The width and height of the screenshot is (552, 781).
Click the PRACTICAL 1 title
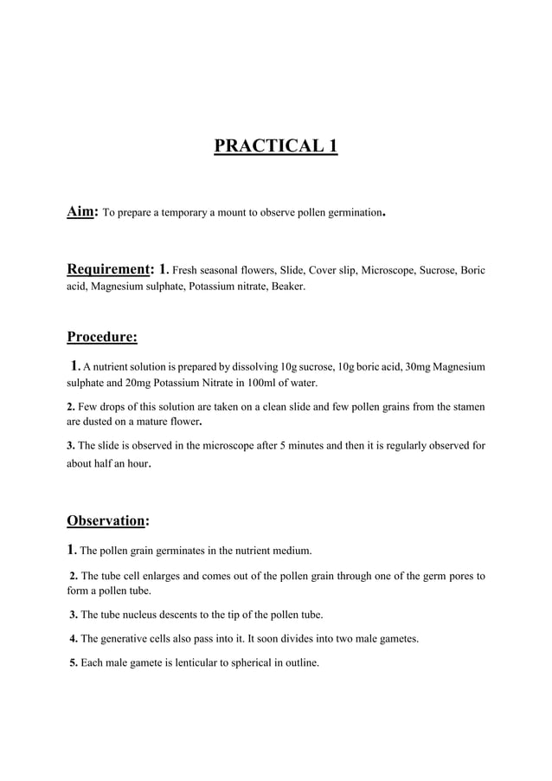click(x=275, y=144)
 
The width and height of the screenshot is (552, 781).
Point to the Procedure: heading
click(x=102, y=336)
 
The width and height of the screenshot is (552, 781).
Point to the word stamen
click(x=467, y=406)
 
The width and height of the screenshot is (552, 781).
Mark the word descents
click(x=178, y=615)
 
